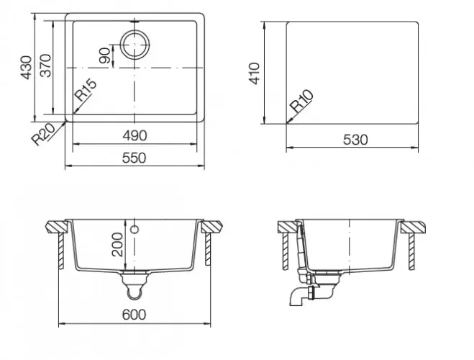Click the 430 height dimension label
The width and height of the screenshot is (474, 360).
click(x=27, y=68)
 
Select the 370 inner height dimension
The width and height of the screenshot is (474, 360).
click(x=45, y=66)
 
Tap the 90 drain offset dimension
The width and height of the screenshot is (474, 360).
click(x=105, y=55)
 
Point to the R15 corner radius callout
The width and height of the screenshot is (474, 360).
click(x=86, y=90)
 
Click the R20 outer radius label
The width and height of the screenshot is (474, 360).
click(x=44, y=135)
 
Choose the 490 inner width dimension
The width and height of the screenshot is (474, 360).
click(x=135, y=135)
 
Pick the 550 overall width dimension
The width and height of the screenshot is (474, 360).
click(x=134, y=158)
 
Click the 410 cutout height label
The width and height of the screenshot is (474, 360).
click(x=254, y=73)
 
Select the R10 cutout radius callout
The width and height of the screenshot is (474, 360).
click(x=301, y=101)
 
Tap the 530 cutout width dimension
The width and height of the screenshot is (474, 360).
click(x=355, y=140)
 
